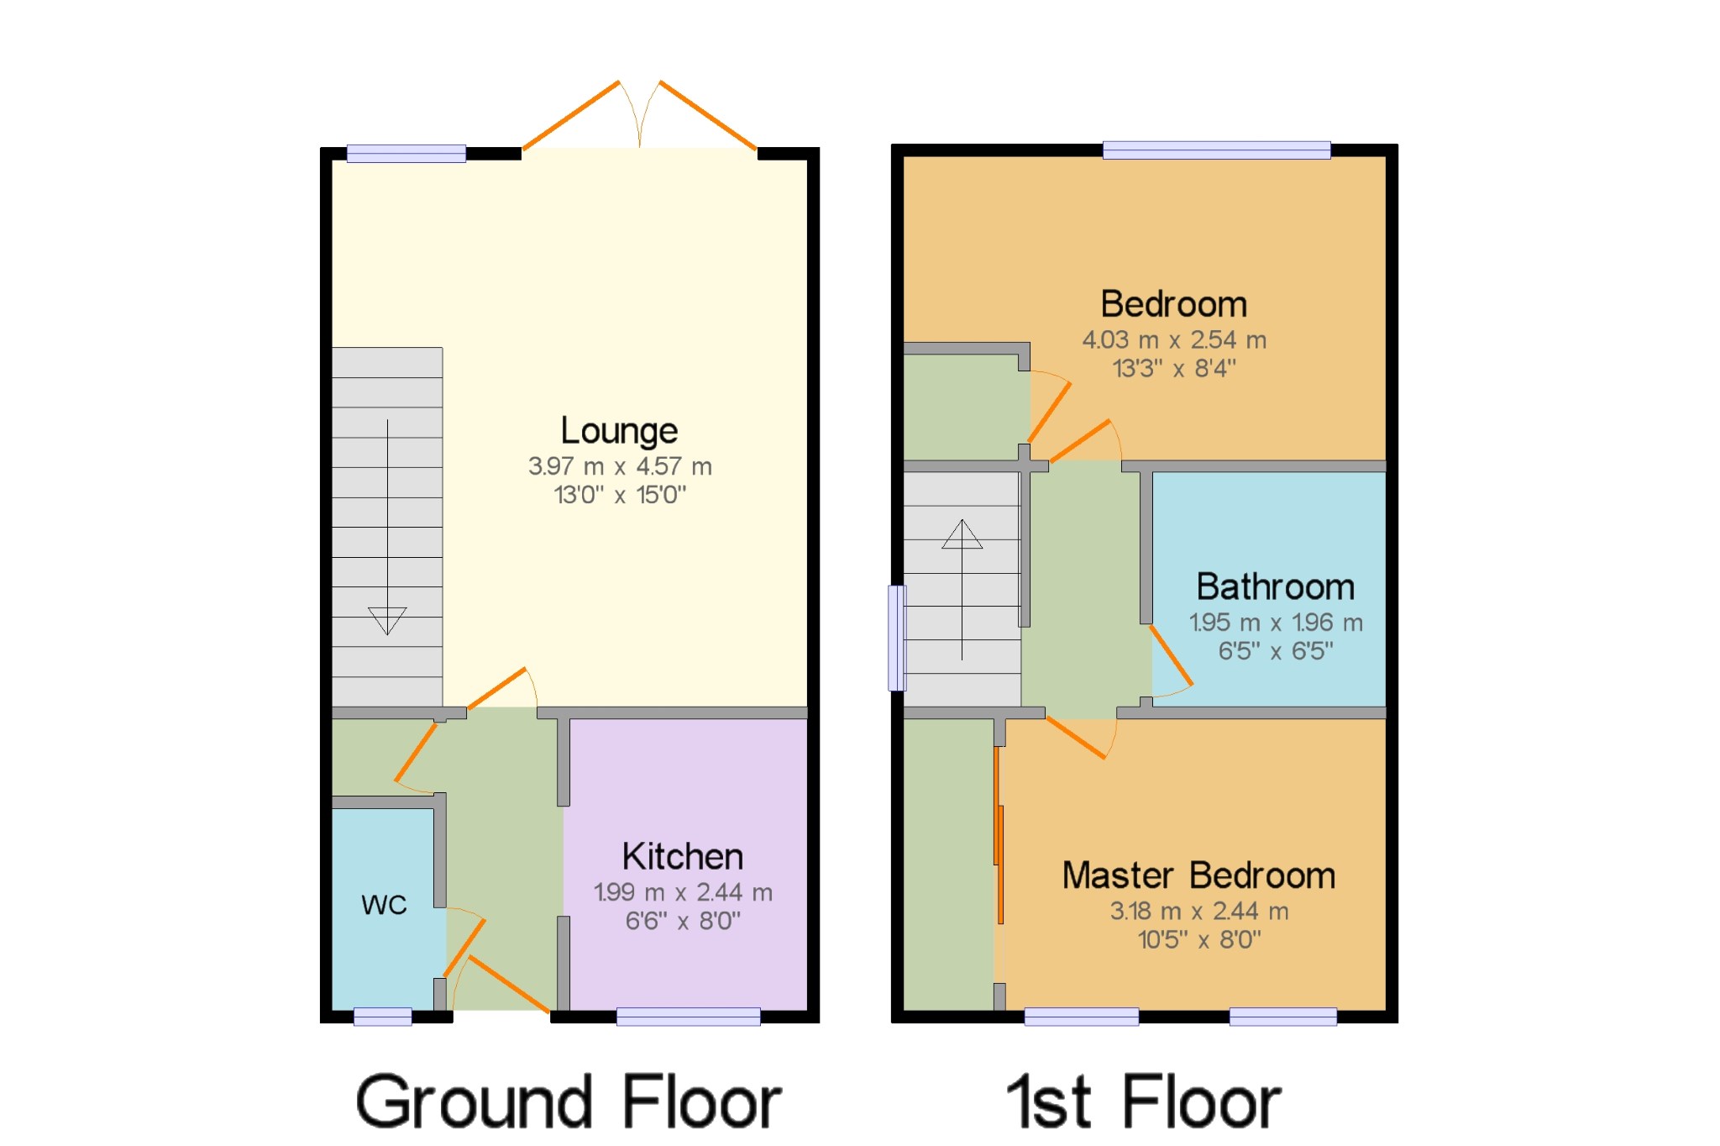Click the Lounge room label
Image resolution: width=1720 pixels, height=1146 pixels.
click(619, 431)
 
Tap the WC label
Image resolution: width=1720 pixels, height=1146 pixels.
click(384, 905)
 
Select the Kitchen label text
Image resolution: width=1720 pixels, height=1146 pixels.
click(683, 857)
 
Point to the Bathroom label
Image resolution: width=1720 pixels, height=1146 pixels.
click(1276, 586)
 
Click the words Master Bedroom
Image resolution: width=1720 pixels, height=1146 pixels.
click(1198, 875)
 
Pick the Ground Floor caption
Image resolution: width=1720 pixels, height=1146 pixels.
click(569, 1101)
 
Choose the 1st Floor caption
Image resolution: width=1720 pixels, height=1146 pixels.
click(1144, 1101)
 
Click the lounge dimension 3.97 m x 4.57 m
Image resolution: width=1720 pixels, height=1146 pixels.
click(620, 466)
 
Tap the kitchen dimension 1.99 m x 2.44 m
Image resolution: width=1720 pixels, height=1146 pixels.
click(683, 892)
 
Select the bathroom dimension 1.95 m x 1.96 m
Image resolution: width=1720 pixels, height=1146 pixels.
click(1276, 623)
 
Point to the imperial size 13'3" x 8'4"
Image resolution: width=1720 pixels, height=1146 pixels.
click(1174, 368)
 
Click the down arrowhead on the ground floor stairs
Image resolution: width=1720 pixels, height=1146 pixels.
click(387, 621)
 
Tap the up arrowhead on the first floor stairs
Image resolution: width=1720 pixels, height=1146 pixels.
click(962, 534)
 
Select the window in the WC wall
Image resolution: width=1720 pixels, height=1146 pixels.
click(383, 1017)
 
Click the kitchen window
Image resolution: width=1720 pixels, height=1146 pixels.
click(689, 1017)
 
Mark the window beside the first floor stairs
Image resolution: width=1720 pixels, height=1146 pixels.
click(898, 638)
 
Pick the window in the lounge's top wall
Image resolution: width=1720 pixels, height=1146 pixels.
click(406, 153)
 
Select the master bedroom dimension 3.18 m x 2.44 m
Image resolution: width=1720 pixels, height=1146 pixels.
click(1199, 912)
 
